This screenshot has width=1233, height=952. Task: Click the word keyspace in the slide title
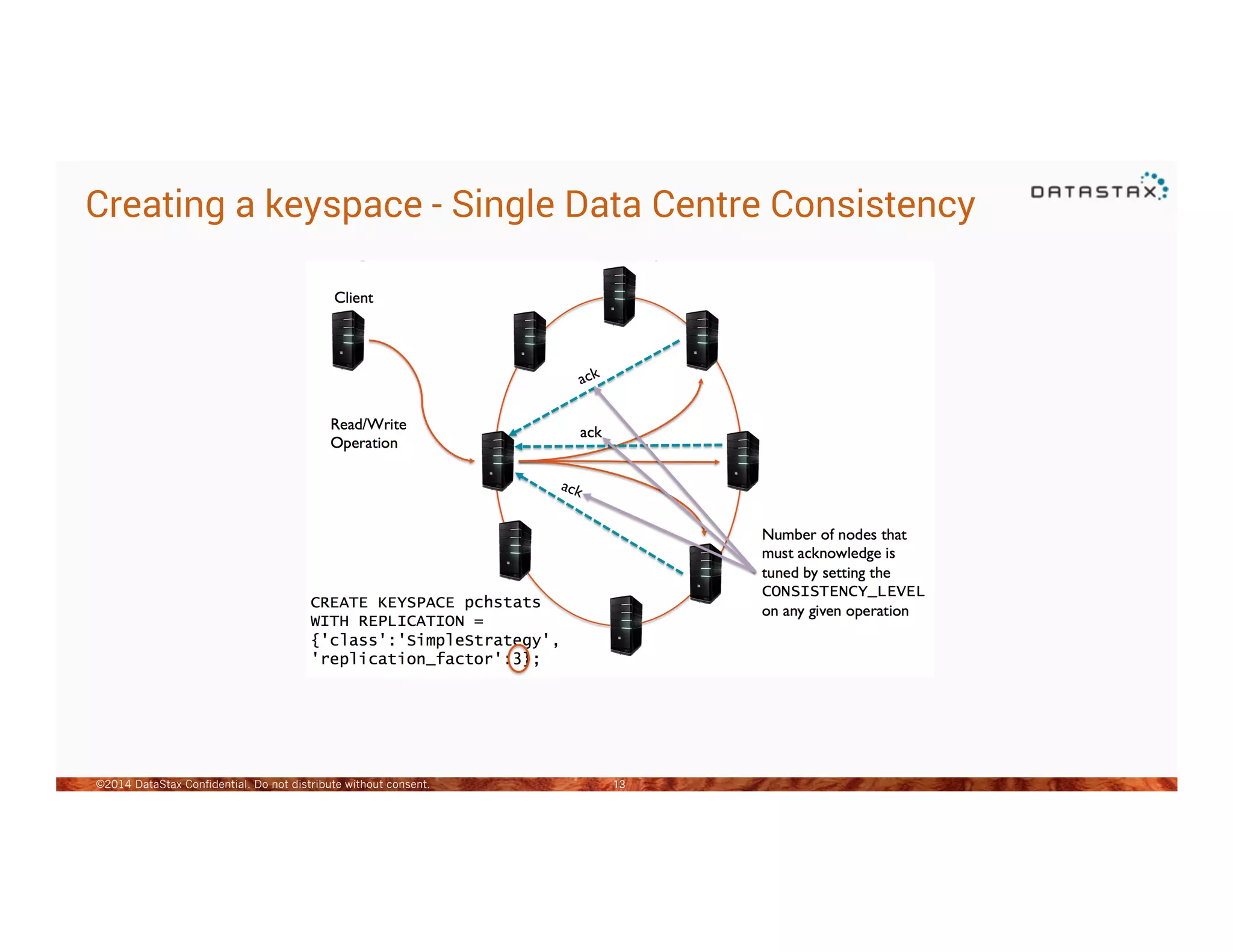point(343,205)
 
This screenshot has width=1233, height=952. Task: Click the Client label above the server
point(353,298)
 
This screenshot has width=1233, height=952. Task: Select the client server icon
point(348,340)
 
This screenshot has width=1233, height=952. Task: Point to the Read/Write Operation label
point(368,433)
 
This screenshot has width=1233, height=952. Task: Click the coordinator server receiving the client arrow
point(498,461)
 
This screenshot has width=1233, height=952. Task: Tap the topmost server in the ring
point(619,296)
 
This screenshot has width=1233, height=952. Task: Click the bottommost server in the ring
point(626,625)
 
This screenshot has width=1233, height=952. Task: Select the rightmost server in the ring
point(742,461)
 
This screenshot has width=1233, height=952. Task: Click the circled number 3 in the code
point(518,659)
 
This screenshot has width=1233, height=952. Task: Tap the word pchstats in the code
point(502,602)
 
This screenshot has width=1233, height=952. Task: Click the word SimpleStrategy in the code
point(474,640)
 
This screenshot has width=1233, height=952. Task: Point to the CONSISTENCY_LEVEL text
point(842,592)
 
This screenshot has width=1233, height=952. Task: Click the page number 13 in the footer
point(619,784)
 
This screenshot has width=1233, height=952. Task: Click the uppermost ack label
point(588,376)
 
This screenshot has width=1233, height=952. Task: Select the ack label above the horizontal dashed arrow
point(590,433)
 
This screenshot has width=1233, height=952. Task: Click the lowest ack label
point(571,489)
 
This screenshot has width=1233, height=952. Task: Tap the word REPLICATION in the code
point(411,621)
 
